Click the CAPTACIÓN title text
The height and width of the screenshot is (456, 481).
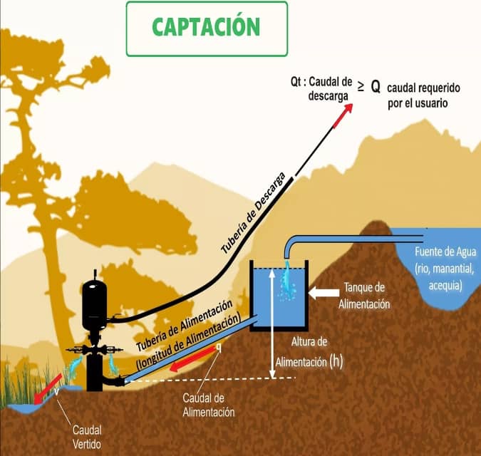(207, 27)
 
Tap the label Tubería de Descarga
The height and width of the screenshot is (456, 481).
(257, 213)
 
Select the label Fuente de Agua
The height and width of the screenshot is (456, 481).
(440, 252)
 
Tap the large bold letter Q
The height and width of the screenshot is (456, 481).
(375, 86)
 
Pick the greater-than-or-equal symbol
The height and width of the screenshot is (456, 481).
(360, 86)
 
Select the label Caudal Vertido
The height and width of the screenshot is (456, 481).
(87, 437)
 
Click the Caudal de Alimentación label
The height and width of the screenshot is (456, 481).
(209, 405)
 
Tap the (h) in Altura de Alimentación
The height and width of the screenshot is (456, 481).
(336, 361)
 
